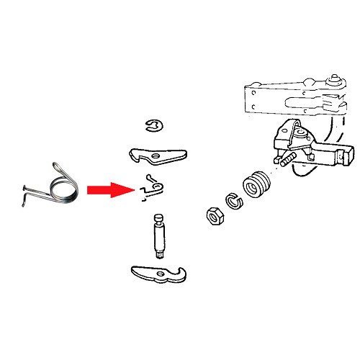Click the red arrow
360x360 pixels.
point(108,191)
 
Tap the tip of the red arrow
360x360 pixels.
point(135,191)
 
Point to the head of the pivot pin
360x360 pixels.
point(158,218)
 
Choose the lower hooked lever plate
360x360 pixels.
point(161,274)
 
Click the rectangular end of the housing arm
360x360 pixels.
point(344,155)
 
